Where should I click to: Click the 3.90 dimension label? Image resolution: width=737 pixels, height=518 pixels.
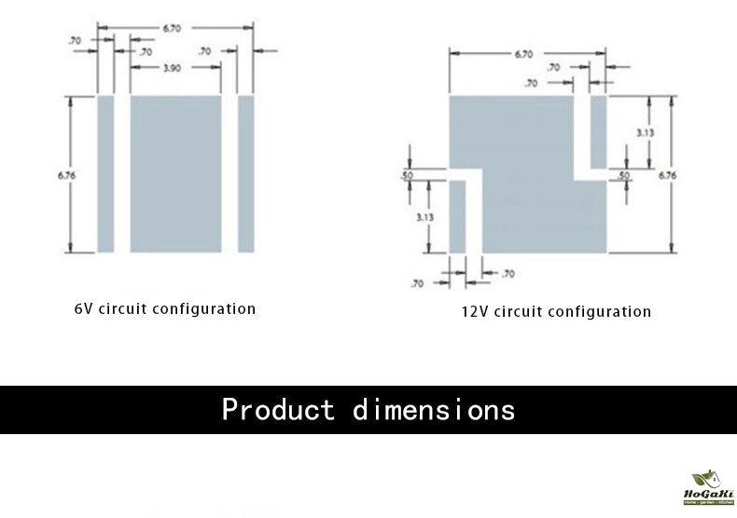click(172, 68)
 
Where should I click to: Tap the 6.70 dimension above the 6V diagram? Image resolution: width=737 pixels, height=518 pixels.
click(173, 29)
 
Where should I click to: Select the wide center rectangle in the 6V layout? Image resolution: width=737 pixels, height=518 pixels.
click(175, 173)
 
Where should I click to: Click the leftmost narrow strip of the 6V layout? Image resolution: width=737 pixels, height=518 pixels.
click(105, 173)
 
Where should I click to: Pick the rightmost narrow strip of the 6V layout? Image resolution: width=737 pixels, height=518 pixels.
click(246, 173)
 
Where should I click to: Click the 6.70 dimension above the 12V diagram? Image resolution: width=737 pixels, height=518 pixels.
click(523, 54)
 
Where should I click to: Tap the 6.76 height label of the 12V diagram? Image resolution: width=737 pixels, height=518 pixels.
click(668, 174)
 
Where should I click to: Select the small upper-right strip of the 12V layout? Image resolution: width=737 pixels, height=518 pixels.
click(598, 129)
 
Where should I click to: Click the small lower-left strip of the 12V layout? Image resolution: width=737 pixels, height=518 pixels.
click(457, 216)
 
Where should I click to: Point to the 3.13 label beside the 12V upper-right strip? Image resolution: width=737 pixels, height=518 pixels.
click(645, 133)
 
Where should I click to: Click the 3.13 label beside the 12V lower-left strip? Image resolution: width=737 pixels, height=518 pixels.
click(425, 216)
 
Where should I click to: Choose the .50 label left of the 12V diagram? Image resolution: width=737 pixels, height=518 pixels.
click(407, 175)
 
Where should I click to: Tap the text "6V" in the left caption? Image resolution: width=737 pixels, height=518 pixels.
click(83, 308)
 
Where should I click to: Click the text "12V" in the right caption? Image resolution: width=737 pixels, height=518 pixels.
click(475, 311)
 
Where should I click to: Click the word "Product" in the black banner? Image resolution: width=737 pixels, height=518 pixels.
click(277, 410)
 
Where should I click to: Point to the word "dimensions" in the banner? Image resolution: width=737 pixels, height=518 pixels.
click(434, 410)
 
